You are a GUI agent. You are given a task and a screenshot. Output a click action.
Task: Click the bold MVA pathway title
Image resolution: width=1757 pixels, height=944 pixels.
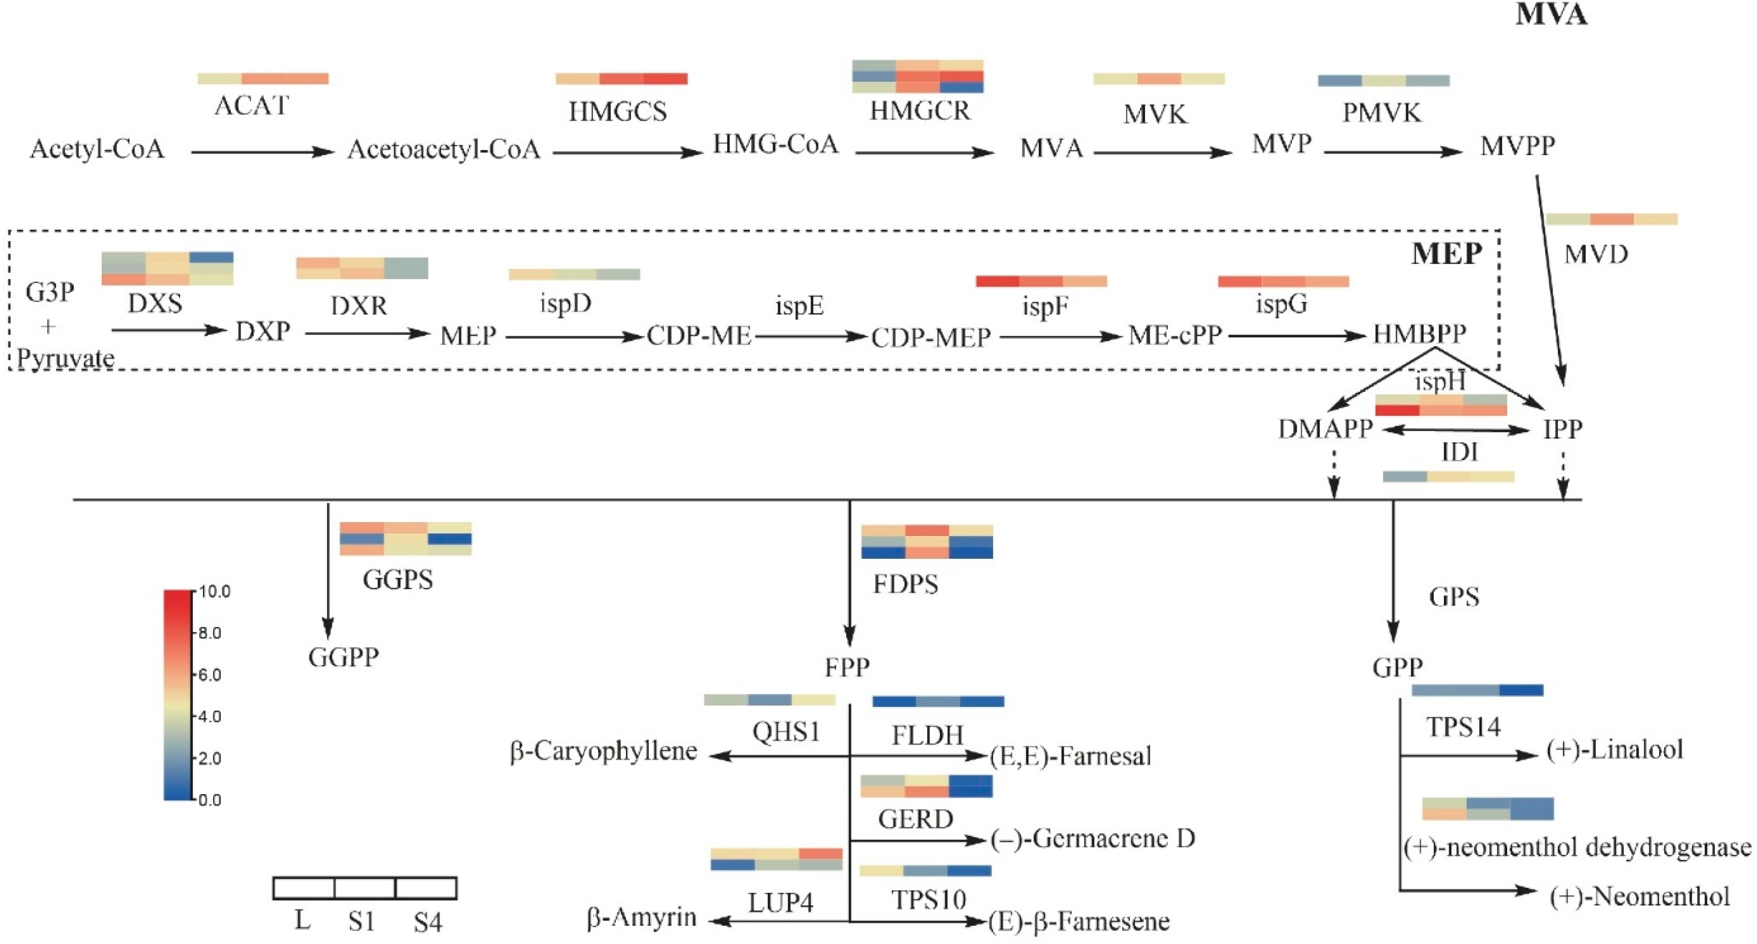click(x=1550, y=15)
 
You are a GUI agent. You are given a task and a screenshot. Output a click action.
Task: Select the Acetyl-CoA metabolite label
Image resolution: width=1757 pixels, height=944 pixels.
click(x=97, y=149)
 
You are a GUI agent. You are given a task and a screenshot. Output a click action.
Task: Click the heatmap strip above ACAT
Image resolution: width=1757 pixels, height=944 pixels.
click(x=263, y=78)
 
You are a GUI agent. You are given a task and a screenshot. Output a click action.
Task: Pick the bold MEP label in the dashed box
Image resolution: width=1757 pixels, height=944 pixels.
click(x=1446, y=253)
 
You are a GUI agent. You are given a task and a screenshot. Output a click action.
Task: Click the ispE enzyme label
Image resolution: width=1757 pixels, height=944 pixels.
click(x=800, y=306)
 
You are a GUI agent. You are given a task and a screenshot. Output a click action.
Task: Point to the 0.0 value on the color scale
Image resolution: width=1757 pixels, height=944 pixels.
click(x=209, y=800)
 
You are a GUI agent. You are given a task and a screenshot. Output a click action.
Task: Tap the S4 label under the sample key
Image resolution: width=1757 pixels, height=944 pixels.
click(x=428, y=923)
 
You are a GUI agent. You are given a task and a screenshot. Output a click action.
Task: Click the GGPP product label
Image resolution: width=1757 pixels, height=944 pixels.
click(x=343, y=657)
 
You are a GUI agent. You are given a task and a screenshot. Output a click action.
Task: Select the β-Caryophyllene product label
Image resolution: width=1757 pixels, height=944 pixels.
click(x=604, y=751)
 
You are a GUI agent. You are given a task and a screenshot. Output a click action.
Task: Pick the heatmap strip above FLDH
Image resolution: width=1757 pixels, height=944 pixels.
click(x=938, y=701)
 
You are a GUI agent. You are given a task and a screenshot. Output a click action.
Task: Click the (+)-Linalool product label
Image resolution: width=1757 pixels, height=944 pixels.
click(x=1614, y=750)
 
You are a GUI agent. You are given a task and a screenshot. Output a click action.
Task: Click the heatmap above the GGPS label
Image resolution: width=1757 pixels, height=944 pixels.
click(x=405, y=538)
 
